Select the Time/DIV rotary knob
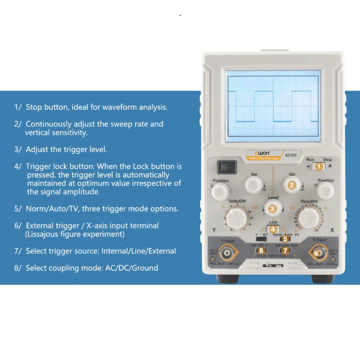(310, 217)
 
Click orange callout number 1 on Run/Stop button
(318, 167)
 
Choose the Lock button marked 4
(272, 229)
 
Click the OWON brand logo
(253, 154)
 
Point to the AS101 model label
(291, 155)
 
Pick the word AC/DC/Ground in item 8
(131, 268)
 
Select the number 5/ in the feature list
(18, 209)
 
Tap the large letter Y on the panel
(214, 230)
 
